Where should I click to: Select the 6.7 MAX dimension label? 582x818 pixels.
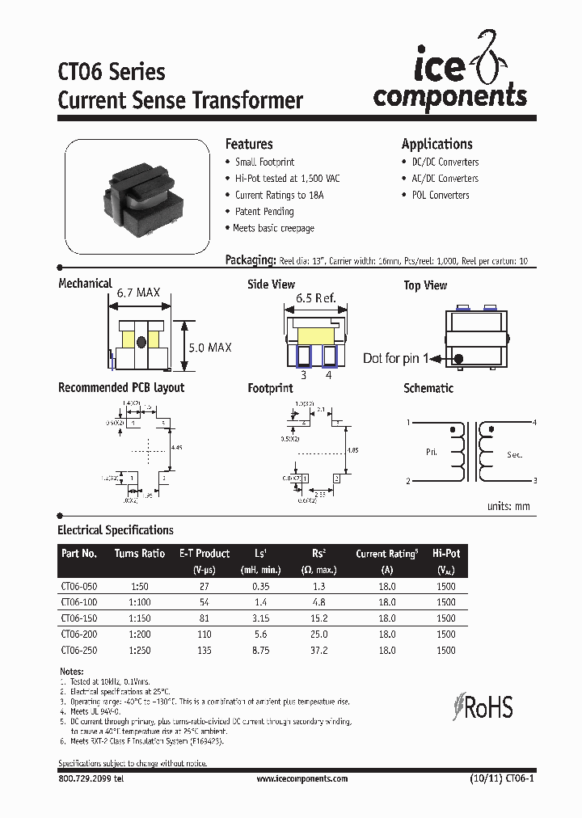pyautogui.click(x=138, y=293)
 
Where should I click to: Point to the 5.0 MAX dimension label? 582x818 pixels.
pyautogui.click(x=209, y=347)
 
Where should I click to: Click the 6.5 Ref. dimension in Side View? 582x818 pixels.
pyautogui.click(x=316, y=297)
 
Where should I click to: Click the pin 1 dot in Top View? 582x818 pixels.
pyautogui.click(x=458, y=359)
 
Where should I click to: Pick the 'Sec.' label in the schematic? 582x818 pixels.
pyautogui.click(x=515, y=455)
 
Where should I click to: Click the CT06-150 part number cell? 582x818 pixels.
pyautogui.click(x=79, y=618)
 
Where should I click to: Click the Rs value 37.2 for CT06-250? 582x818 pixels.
pyautogui.click(x=318, y=649)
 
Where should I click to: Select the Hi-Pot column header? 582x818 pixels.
pyautogui.click(x=445, y=554)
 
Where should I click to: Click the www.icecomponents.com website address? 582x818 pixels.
pyautogui.click(x=302, y=778)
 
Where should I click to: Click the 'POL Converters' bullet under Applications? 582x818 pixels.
pyautogui.click(x=440, y=195)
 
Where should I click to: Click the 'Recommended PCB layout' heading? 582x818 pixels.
pyautogui.click(x=121, y=388)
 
